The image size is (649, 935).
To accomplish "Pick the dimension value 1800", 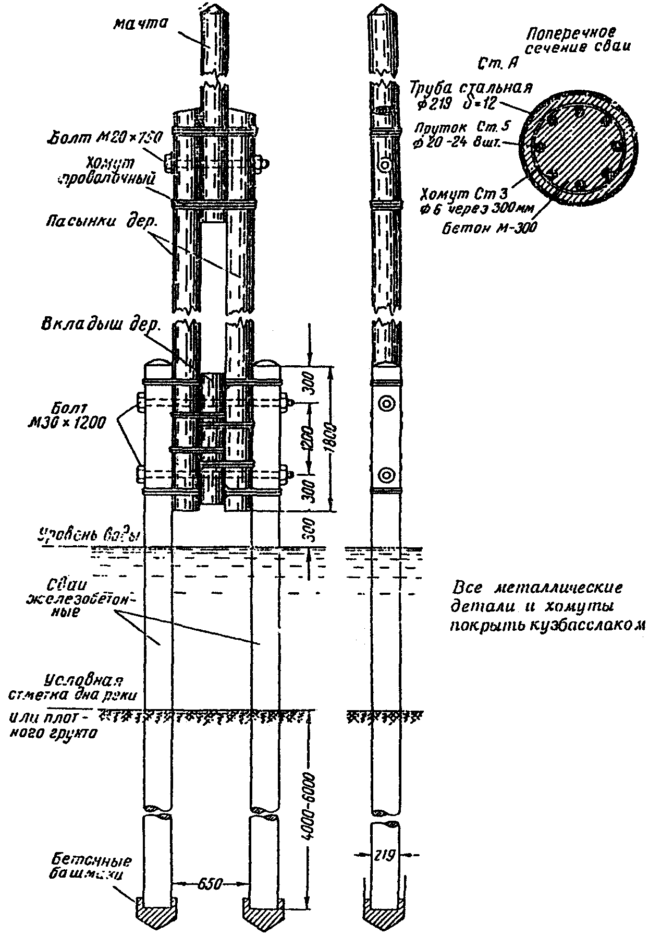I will point(334,439).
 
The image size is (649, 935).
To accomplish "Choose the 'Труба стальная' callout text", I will point(471,88).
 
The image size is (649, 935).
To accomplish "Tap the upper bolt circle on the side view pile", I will point(387,403).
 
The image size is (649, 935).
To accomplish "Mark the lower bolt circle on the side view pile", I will point(386,475).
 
